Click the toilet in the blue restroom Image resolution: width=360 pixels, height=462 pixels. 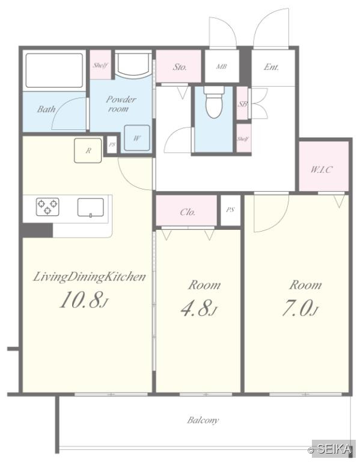tap(214, 102)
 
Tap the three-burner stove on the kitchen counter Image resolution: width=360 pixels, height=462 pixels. tap(47, 206)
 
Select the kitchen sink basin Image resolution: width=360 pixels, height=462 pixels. tap(90, 208)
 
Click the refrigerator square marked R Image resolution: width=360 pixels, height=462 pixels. tap(88, 150)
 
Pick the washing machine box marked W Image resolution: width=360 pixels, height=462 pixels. tap(137, 138)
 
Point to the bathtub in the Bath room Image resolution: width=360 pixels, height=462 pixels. tap(54, 70)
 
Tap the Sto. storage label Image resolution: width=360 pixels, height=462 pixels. tap(180, 67)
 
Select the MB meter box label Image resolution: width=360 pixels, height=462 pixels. tap(222, 67)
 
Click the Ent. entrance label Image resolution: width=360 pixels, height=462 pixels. tap(271, 67)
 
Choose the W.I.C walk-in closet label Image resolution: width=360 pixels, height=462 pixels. tap(322, 170)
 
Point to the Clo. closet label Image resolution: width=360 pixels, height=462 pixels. tap(188, 212)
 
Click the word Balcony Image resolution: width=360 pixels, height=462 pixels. tap(203, 420)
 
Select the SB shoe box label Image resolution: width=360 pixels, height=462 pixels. tap(243, 103)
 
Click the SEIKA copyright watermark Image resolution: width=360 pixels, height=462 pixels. tap(330, 449)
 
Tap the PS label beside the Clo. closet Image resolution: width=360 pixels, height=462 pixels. tap(230, 210)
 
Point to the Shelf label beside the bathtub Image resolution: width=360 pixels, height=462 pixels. tap(100, 66)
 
